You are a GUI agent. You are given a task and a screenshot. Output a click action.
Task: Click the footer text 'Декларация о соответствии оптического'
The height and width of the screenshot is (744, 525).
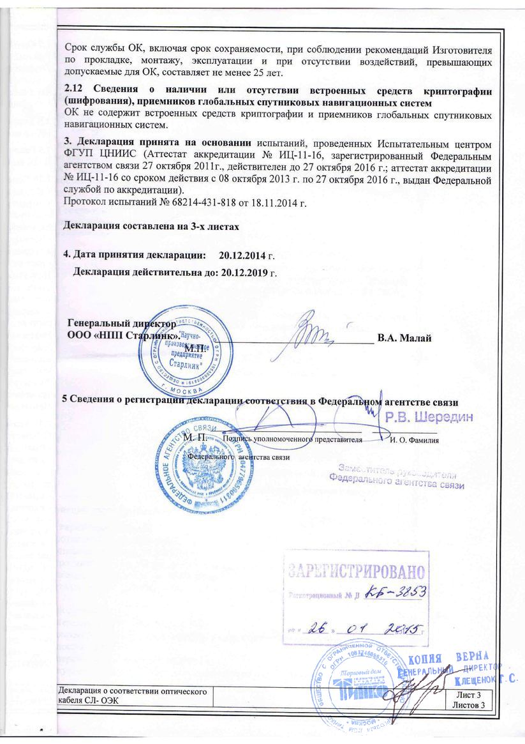[x=131, y=694]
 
